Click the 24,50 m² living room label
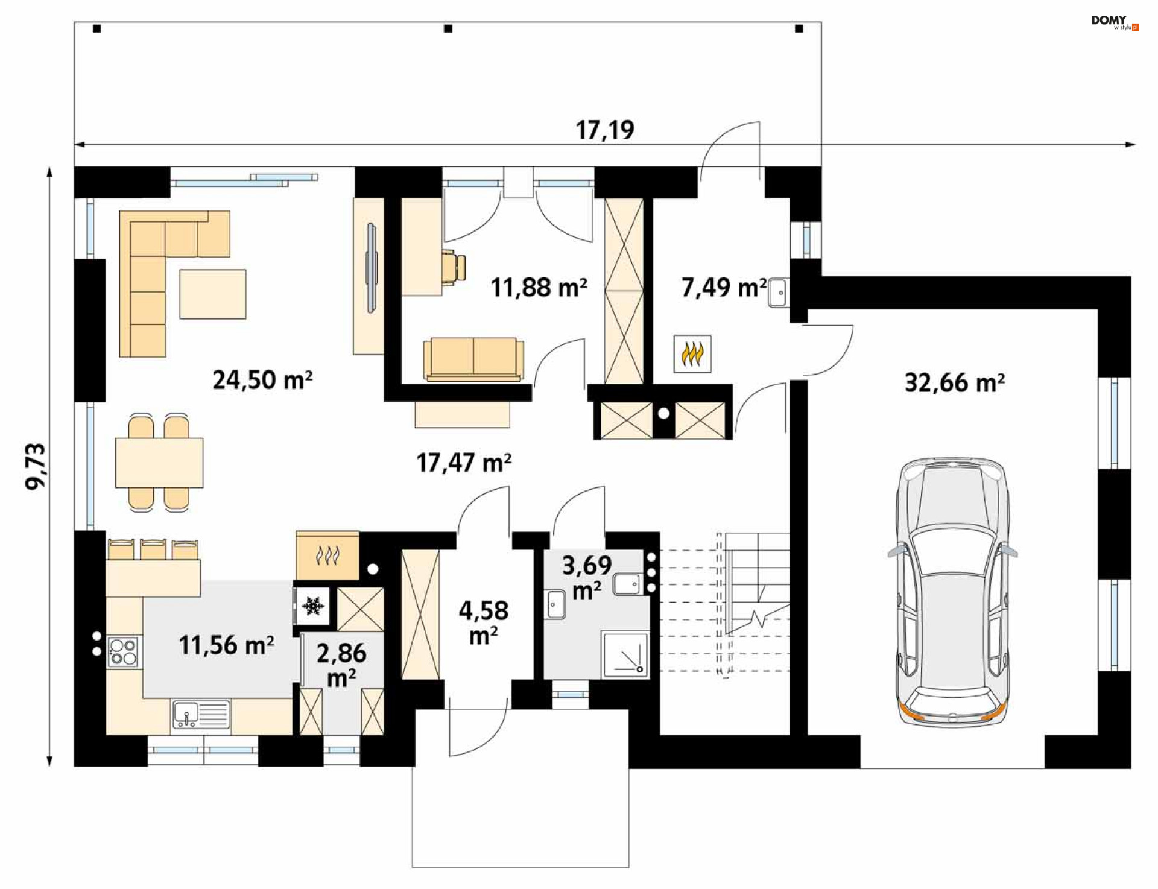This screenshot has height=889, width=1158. click(262, 380)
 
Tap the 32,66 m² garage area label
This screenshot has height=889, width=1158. click(955, 382)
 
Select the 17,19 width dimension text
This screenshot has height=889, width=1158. click(605, 130)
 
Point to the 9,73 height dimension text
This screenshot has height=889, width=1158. click(36, 466)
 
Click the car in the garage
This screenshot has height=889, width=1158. click(952, 592)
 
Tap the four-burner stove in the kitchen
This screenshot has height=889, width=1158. click(123, 651)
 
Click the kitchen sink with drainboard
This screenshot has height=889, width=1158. click(201, 715)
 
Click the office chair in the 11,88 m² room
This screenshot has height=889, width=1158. click(454, 267)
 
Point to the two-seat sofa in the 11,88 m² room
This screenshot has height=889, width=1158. click(473, 359)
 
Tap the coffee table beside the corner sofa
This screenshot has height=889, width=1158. click(213, 294)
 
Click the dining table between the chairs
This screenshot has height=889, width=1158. click(159, 463)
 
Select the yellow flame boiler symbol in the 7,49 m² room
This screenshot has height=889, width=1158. click(692, 353)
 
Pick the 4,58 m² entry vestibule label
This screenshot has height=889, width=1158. click(484, 622)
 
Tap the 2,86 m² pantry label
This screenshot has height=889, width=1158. click(341, 665)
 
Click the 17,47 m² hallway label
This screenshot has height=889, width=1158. click(464, 463)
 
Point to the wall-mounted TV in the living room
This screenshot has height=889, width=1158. click(372, 268)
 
